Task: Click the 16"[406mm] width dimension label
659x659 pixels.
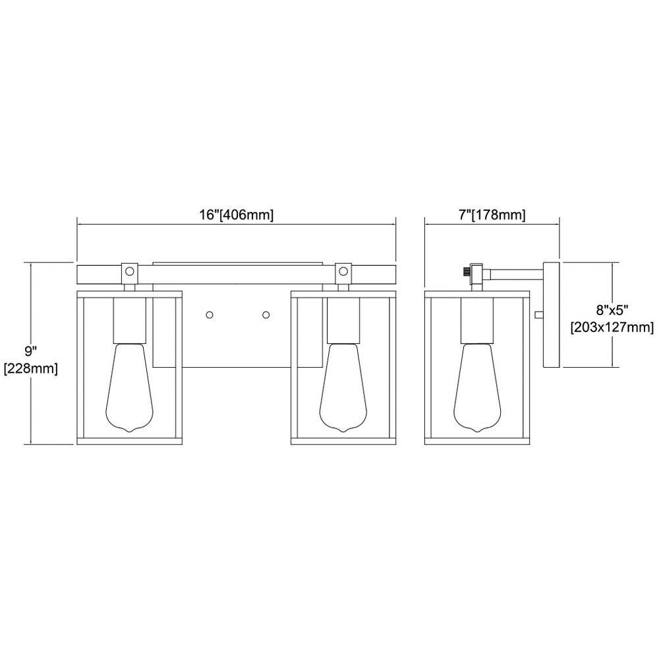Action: click(x=236, y=215)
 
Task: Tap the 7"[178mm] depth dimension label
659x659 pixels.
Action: click(x=492, y=215)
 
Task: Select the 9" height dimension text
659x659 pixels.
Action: click(x=31, y=351)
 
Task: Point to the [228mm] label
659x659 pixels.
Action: click(x=31, y=369)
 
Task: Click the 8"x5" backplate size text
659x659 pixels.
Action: click(x=612, y=310)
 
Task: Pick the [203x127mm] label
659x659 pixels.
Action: click(x=612, y=327)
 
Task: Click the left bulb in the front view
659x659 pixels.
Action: click(x=129, y=387)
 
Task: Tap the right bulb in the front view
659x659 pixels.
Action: click(x=343, y=387)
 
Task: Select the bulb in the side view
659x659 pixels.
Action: click(x=477, y=387)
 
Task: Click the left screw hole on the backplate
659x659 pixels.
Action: click(x=210, y=314)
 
